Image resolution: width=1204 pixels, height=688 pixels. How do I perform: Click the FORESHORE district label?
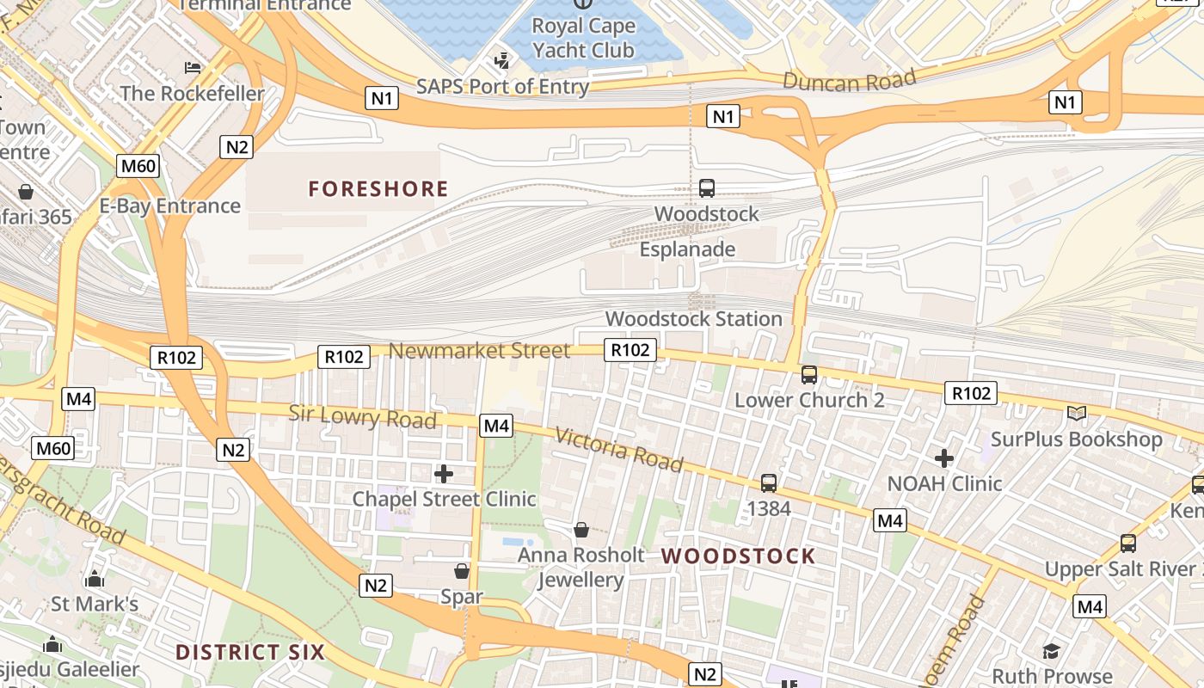(x=378, y=189)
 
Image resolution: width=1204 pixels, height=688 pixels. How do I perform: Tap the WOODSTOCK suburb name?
(x=738, y=556)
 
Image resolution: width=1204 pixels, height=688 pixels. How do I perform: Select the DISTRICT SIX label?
(x=250, y=652)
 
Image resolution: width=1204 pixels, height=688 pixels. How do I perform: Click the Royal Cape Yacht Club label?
(x=583, y=39)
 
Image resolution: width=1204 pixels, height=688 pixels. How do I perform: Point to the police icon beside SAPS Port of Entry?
(x=501, y=61)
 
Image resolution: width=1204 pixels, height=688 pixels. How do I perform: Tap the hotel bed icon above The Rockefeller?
(x=193, y=67)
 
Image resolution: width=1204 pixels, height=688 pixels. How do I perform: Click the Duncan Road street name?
(x=849, y=82)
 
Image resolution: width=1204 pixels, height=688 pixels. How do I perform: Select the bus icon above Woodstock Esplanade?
(x=707, y=187)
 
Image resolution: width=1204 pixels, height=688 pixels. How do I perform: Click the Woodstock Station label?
(x=693, y=319)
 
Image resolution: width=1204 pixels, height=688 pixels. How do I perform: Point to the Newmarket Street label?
(x=479, y=350)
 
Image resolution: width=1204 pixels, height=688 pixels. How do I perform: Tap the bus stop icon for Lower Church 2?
(x=809, y=374)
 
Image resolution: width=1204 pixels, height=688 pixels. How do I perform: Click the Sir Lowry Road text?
(x=362, y=417)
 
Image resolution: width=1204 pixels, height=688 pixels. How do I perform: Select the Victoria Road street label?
(x=618, y=450)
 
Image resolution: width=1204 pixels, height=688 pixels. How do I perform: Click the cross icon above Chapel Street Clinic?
(x=444, y=473)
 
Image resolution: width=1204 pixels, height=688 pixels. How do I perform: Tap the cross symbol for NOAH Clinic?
(x=944, y=458)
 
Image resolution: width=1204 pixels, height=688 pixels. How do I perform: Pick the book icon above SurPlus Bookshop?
(x=1076, y=414)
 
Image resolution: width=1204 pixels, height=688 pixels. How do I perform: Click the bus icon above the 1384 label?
(x=768, y=483)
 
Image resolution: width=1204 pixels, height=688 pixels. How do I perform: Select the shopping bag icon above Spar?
(x=462, y=571)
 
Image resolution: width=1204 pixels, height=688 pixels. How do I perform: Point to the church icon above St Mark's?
(x=95, y=579)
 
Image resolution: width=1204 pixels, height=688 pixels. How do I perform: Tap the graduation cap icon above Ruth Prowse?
(x=1051, y=651)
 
